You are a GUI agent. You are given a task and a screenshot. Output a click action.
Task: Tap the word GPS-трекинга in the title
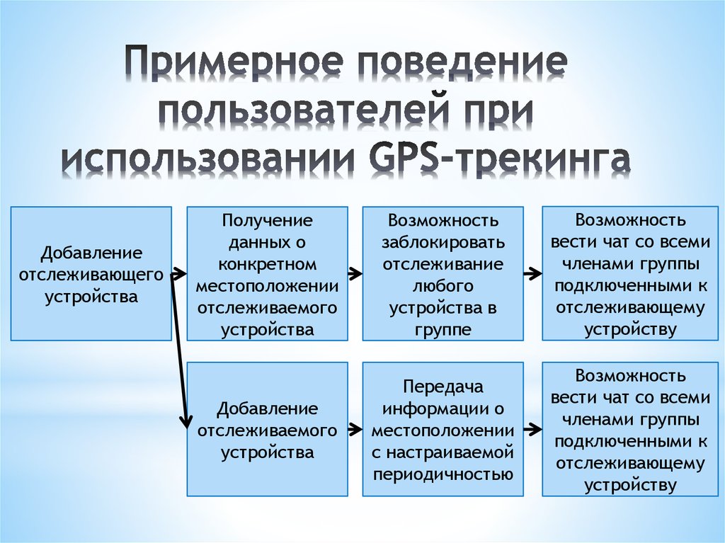click(496, 160)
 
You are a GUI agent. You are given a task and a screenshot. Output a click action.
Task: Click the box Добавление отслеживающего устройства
click(91, 274)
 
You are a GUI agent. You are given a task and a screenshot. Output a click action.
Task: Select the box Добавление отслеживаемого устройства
click(267, 430)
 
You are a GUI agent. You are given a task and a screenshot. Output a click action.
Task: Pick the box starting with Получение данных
click(267, 274)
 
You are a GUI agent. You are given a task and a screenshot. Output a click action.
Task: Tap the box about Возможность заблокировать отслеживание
click(443, 274)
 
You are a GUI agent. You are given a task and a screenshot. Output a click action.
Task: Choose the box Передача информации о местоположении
click(443, 430)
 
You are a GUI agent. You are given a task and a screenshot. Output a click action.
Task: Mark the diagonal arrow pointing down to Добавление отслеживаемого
click(181, 354)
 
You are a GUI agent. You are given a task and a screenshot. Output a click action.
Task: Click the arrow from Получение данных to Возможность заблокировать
click(355, 273)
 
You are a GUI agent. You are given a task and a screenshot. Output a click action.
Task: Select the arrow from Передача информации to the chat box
click(532, 429)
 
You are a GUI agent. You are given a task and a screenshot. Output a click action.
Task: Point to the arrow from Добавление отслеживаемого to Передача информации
click(355, 429)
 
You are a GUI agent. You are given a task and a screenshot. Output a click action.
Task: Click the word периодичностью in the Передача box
click(443, 474)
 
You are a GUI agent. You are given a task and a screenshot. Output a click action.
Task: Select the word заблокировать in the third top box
click(443, 243)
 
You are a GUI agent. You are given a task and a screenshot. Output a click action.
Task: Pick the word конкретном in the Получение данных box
click(267, 264)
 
